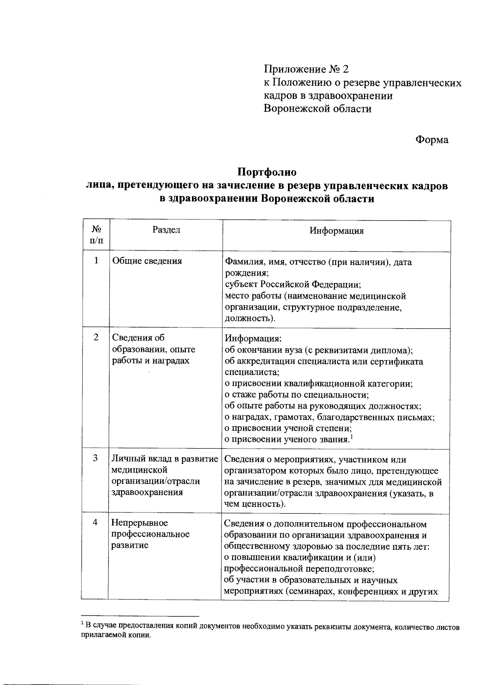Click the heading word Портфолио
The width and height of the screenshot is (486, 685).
pyautogui.click(x=266, y=172)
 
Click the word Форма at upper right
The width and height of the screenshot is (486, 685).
pyautogui.click(x=432, y=140)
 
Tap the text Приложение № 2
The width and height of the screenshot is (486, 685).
pyautogui.click(x=306, y=69)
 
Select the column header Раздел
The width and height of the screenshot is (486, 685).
pyautogui.click(x=166, y=230)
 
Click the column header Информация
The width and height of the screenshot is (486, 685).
pyautogui.click(x=337, y=231)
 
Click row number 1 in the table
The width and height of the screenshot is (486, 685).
pyautogui.click(x=96, y=260)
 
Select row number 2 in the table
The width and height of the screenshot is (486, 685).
pyautogui.click(x=96, y=337)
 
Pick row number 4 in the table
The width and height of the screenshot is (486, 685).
pyautogui.click(x=96, y=523)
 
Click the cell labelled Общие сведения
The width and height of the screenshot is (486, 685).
pyautogui.click(x=147, y=261)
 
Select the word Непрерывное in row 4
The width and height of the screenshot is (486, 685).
pyautogui.click(x=140, y=523)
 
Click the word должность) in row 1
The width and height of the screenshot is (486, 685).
pyautogui.click(x=250, y=318)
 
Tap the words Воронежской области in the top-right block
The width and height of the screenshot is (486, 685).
pyautogui.click(x=317, y=108)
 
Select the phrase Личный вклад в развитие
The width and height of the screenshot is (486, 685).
pyautogui.click(x=165, y=459)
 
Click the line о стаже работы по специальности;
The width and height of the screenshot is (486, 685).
pyautogui.click(x=296, y=395)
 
